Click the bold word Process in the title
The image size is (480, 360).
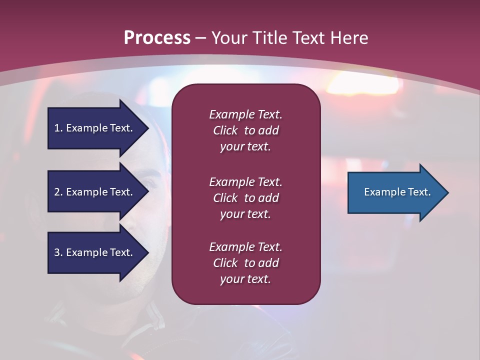pos(157,38)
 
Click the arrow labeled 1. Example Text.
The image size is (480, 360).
pos(95,128)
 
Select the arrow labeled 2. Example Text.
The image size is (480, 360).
pos(95,192)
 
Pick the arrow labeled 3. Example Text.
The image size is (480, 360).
pos(95,252)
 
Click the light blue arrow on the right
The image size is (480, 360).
pos(395,192)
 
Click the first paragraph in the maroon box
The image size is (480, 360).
pos(245,130)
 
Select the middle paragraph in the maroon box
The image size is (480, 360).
pos(245,198)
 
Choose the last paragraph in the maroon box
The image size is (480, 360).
pos(245,263)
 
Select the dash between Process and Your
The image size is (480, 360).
pos(200,38)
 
